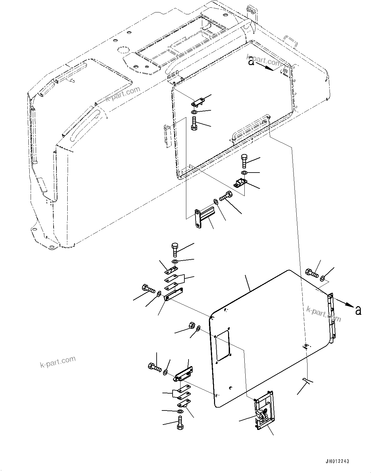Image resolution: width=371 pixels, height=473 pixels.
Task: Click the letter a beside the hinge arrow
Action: pyautogui.click(x=358, y=310)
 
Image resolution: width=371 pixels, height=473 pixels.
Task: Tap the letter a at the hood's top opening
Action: pyautogui.click(x=252, y=62)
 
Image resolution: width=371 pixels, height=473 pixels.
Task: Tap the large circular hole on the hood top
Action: pyautogui.click(x=122, y=50)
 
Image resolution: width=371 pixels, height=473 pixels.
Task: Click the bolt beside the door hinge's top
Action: pyautogui.click(x=311, y=273)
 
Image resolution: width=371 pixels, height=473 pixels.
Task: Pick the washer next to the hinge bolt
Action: pyautogui.click(x=323, y=278)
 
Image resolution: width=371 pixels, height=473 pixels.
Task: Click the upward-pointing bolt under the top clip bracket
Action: pyautogui.click(x=194, y=123)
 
